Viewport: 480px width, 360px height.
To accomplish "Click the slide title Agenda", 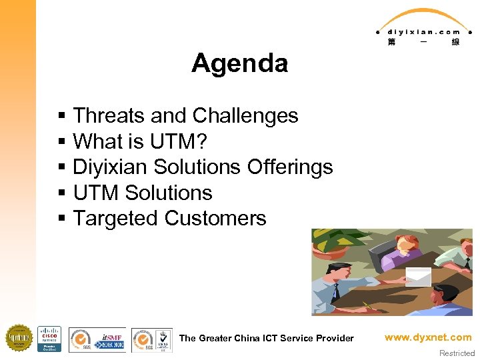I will (x=239, y=63).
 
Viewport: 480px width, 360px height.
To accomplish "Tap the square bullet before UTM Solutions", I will (x=61, y=193).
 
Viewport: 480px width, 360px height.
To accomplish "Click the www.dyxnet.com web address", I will (x=428, y=337).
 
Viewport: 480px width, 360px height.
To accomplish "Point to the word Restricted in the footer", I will (x=457, y=353).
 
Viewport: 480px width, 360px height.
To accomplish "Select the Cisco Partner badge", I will (x=49, y=339).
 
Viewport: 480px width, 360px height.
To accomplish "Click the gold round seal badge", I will (x=19, y=338).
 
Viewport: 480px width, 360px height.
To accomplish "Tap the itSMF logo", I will (x=109, y=339).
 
